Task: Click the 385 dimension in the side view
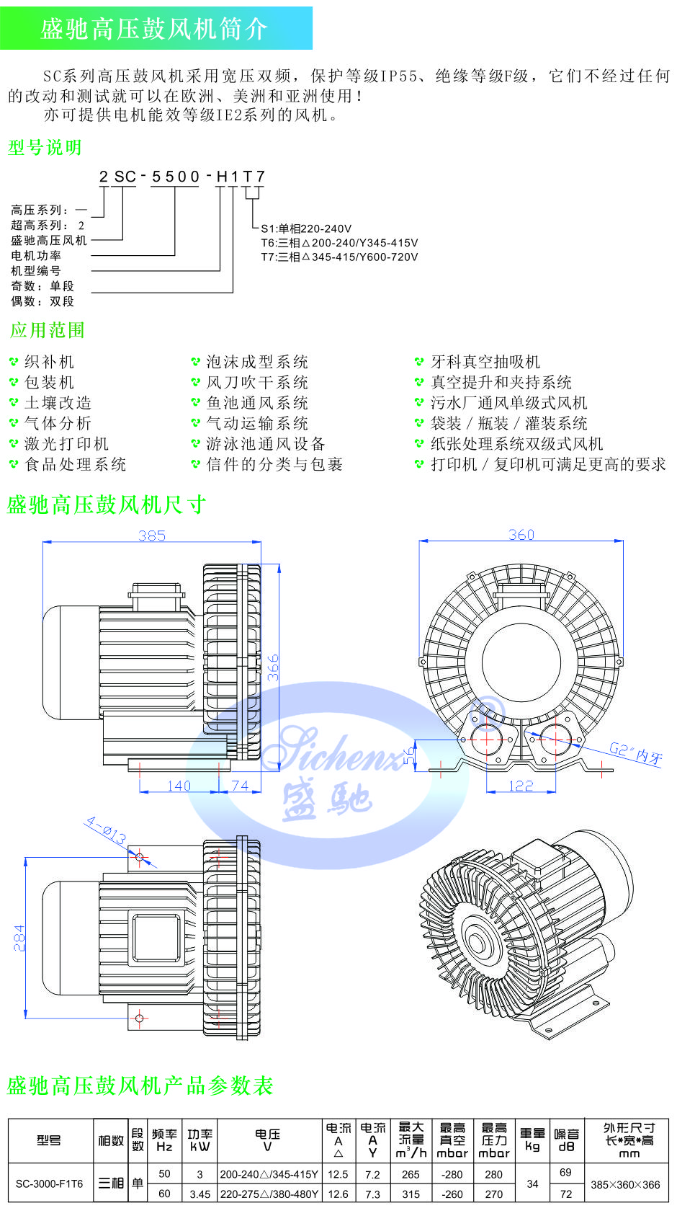152,536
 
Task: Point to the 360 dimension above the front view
521,534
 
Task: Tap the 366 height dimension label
273,668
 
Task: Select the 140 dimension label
179,786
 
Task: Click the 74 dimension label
239,786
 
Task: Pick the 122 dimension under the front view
521,786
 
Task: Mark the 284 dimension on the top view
19,938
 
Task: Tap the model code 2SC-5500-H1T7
182,177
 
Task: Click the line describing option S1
306,228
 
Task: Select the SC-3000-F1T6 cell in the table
49,1184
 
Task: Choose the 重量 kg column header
532,1140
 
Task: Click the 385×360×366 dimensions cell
625,1184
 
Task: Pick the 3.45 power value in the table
199,1194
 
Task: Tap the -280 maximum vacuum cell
452,1174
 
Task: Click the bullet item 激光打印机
66,444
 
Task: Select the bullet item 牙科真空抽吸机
485,362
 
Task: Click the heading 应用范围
48,330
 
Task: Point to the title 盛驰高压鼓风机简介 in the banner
154,29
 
